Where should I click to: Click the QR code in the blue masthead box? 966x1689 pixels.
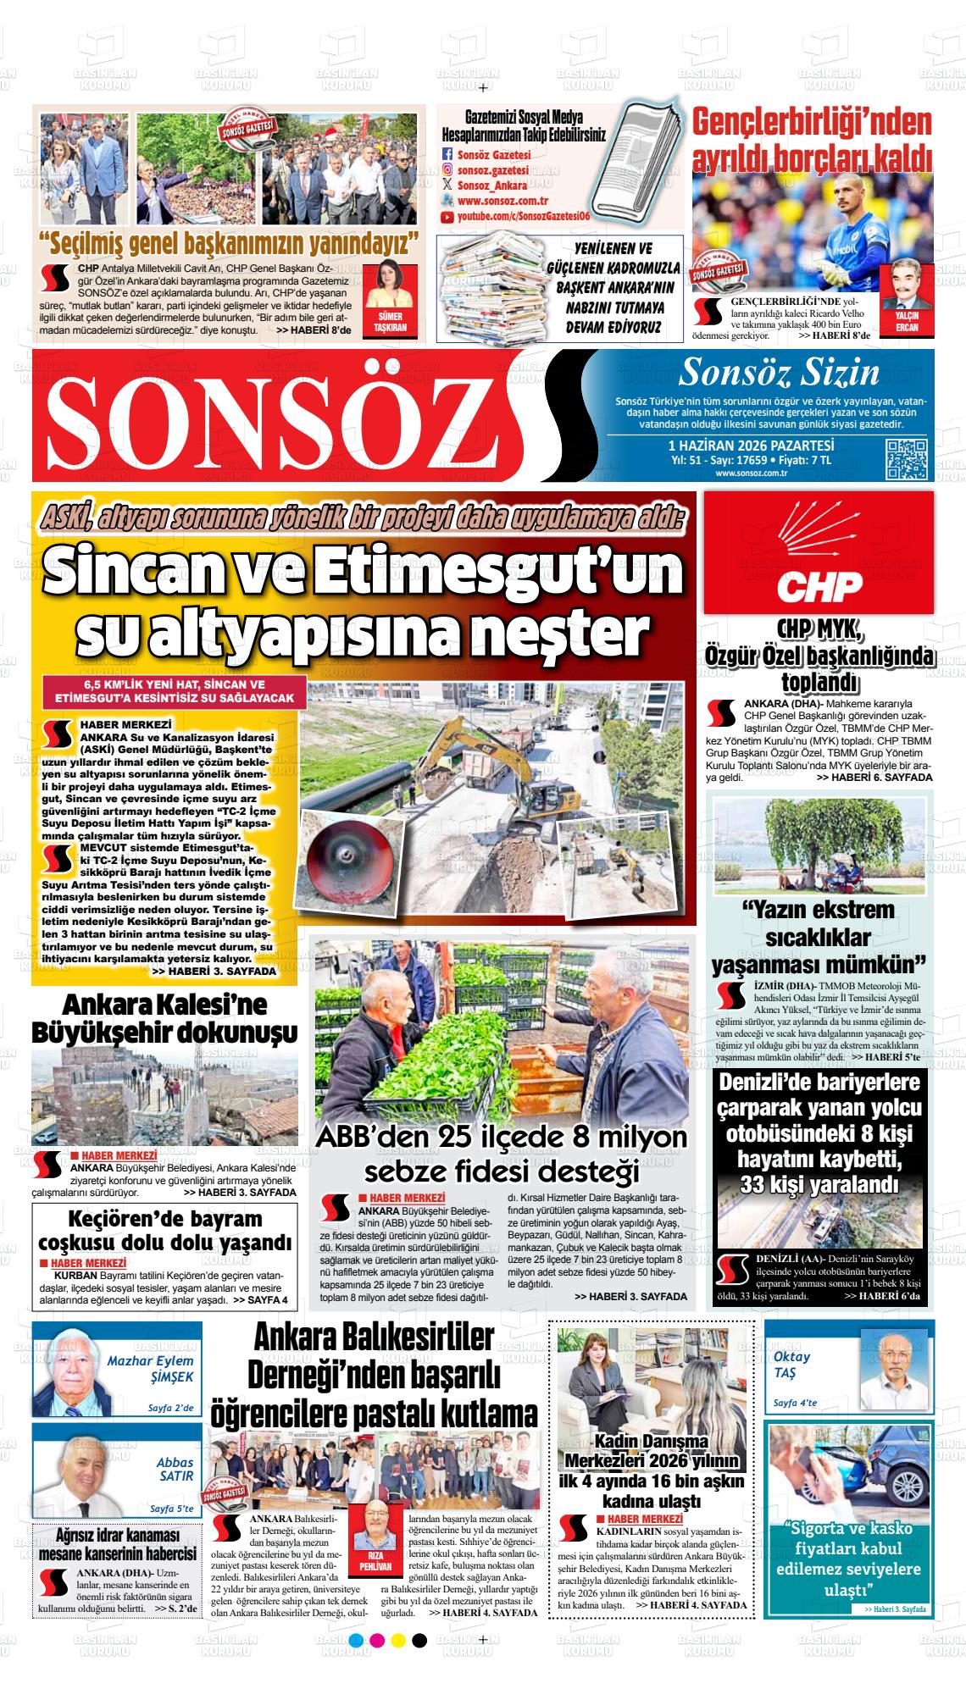click(906, 460)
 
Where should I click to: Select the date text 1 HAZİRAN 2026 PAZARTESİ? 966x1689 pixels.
click(751, 446)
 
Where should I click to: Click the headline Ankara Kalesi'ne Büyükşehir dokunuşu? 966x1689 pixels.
click(164, 1018)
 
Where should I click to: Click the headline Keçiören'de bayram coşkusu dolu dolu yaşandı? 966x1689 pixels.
click(165, 1232)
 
